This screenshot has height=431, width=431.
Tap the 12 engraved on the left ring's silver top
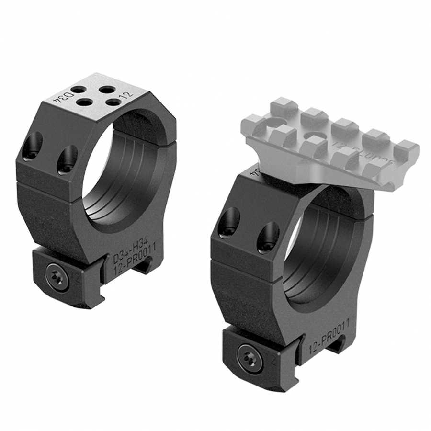[x=127, y=95]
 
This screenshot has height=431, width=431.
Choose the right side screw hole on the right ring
[x=268, y=237]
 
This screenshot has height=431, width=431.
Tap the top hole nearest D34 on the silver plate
[x=78, y=90]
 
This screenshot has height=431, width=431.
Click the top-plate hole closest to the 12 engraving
[x=113, y=102]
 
